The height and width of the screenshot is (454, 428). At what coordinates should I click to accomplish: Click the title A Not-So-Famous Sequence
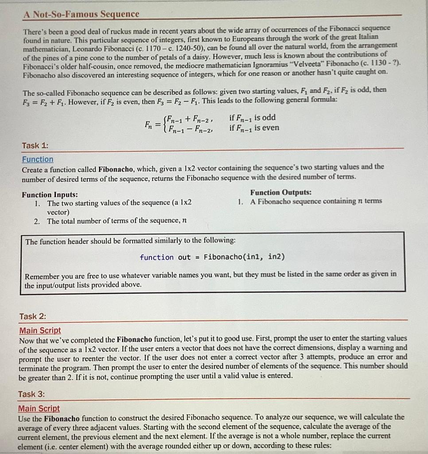tap(82, 14)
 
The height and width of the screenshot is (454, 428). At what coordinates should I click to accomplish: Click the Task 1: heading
tap(35, 145)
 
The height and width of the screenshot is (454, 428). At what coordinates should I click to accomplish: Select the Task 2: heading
tap(32, 316)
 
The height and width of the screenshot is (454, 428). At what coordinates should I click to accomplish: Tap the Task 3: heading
tap(31, 394)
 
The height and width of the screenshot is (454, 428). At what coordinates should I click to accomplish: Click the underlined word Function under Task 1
tap(38, 159)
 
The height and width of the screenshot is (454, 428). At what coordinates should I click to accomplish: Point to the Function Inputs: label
tap(50, 194)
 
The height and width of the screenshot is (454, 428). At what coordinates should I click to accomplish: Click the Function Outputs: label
tap(280, 192)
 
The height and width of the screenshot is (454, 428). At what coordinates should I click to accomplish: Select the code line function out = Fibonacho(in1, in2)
tap(212, 257)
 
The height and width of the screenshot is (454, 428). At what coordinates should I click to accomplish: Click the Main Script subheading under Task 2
tap(40, 330)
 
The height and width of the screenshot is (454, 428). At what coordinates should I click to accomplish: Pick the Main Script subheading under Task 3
tap(39, 408)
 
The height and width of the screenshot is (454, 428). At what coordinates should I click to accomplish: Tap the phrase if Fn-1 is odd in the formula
tap(253, 117)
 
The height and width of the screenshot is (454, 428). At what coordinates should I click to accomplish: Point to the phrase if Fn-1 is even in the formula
tap(254, 128)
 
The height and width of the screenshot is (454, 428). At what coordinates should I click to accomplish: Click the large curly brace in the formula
tap(165, 123)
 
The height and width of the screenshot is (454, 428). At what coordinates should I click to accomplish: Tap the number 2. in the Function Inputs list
tap(38, 221)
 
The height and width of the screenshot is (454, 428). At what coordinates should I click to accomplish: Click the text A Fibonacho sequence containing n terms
tap(316, 201)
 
